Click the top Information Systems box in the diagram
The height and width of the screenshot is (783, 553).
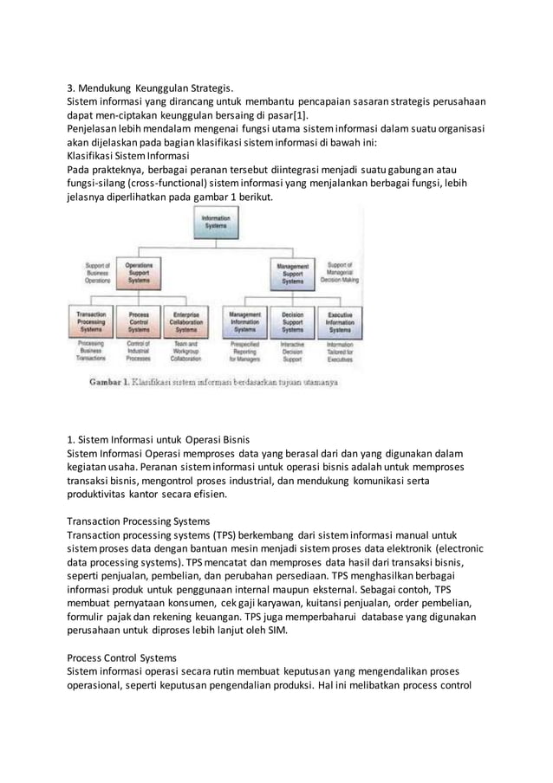[x=210, y=223]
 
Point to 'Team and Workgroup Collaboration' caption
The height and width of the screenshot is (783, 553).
[x=185, y=350]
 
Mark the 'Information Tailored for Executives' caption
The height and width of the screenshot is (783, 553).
[x=340, y=350]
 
